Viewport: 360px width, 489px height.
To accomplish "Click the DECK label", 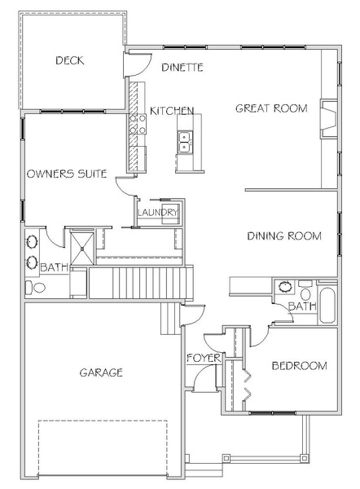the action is point(70,60).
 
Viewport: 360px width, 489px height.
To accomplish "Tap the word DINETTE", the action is point(182,67).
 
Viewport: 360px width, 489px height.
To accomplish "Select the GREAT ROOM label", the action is point(271,108).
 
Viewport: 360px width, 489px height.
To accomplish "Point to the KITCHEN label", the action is point(172,111).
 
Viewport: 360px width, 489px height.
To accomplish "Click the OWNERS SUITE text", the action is point(67,174).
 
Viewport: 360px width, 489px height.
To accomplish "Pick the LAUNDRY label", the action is point(158,213).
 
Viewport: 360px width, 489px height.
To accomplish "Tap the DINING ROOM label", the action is point(284,236).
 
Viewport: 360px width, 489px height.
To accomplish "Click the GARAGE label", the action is point(101,372).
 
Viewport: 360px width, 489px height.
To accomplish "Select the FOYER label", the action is point(204,358).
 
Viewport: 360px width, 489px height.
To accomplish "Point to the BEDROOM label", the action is point(299,365).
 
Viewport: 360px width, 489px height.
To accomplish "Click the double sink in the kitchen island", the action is point(185,142).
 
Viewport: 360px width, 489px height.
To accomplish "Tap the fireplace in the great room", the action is point(329,119).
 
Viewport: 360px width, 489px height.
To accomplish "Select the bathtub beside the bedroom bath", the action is point(327,306).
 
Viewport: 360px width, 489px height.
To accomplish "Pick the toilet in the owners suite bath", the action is point(35,288).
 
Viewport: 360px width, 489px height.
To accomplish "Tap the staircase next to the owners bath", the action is point(141,282).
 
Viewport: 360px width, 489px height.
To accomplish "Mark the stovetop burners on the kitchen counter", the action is point(138,124).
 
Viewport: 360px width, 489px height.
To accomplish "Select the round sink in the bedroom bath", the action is point(284,287).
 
